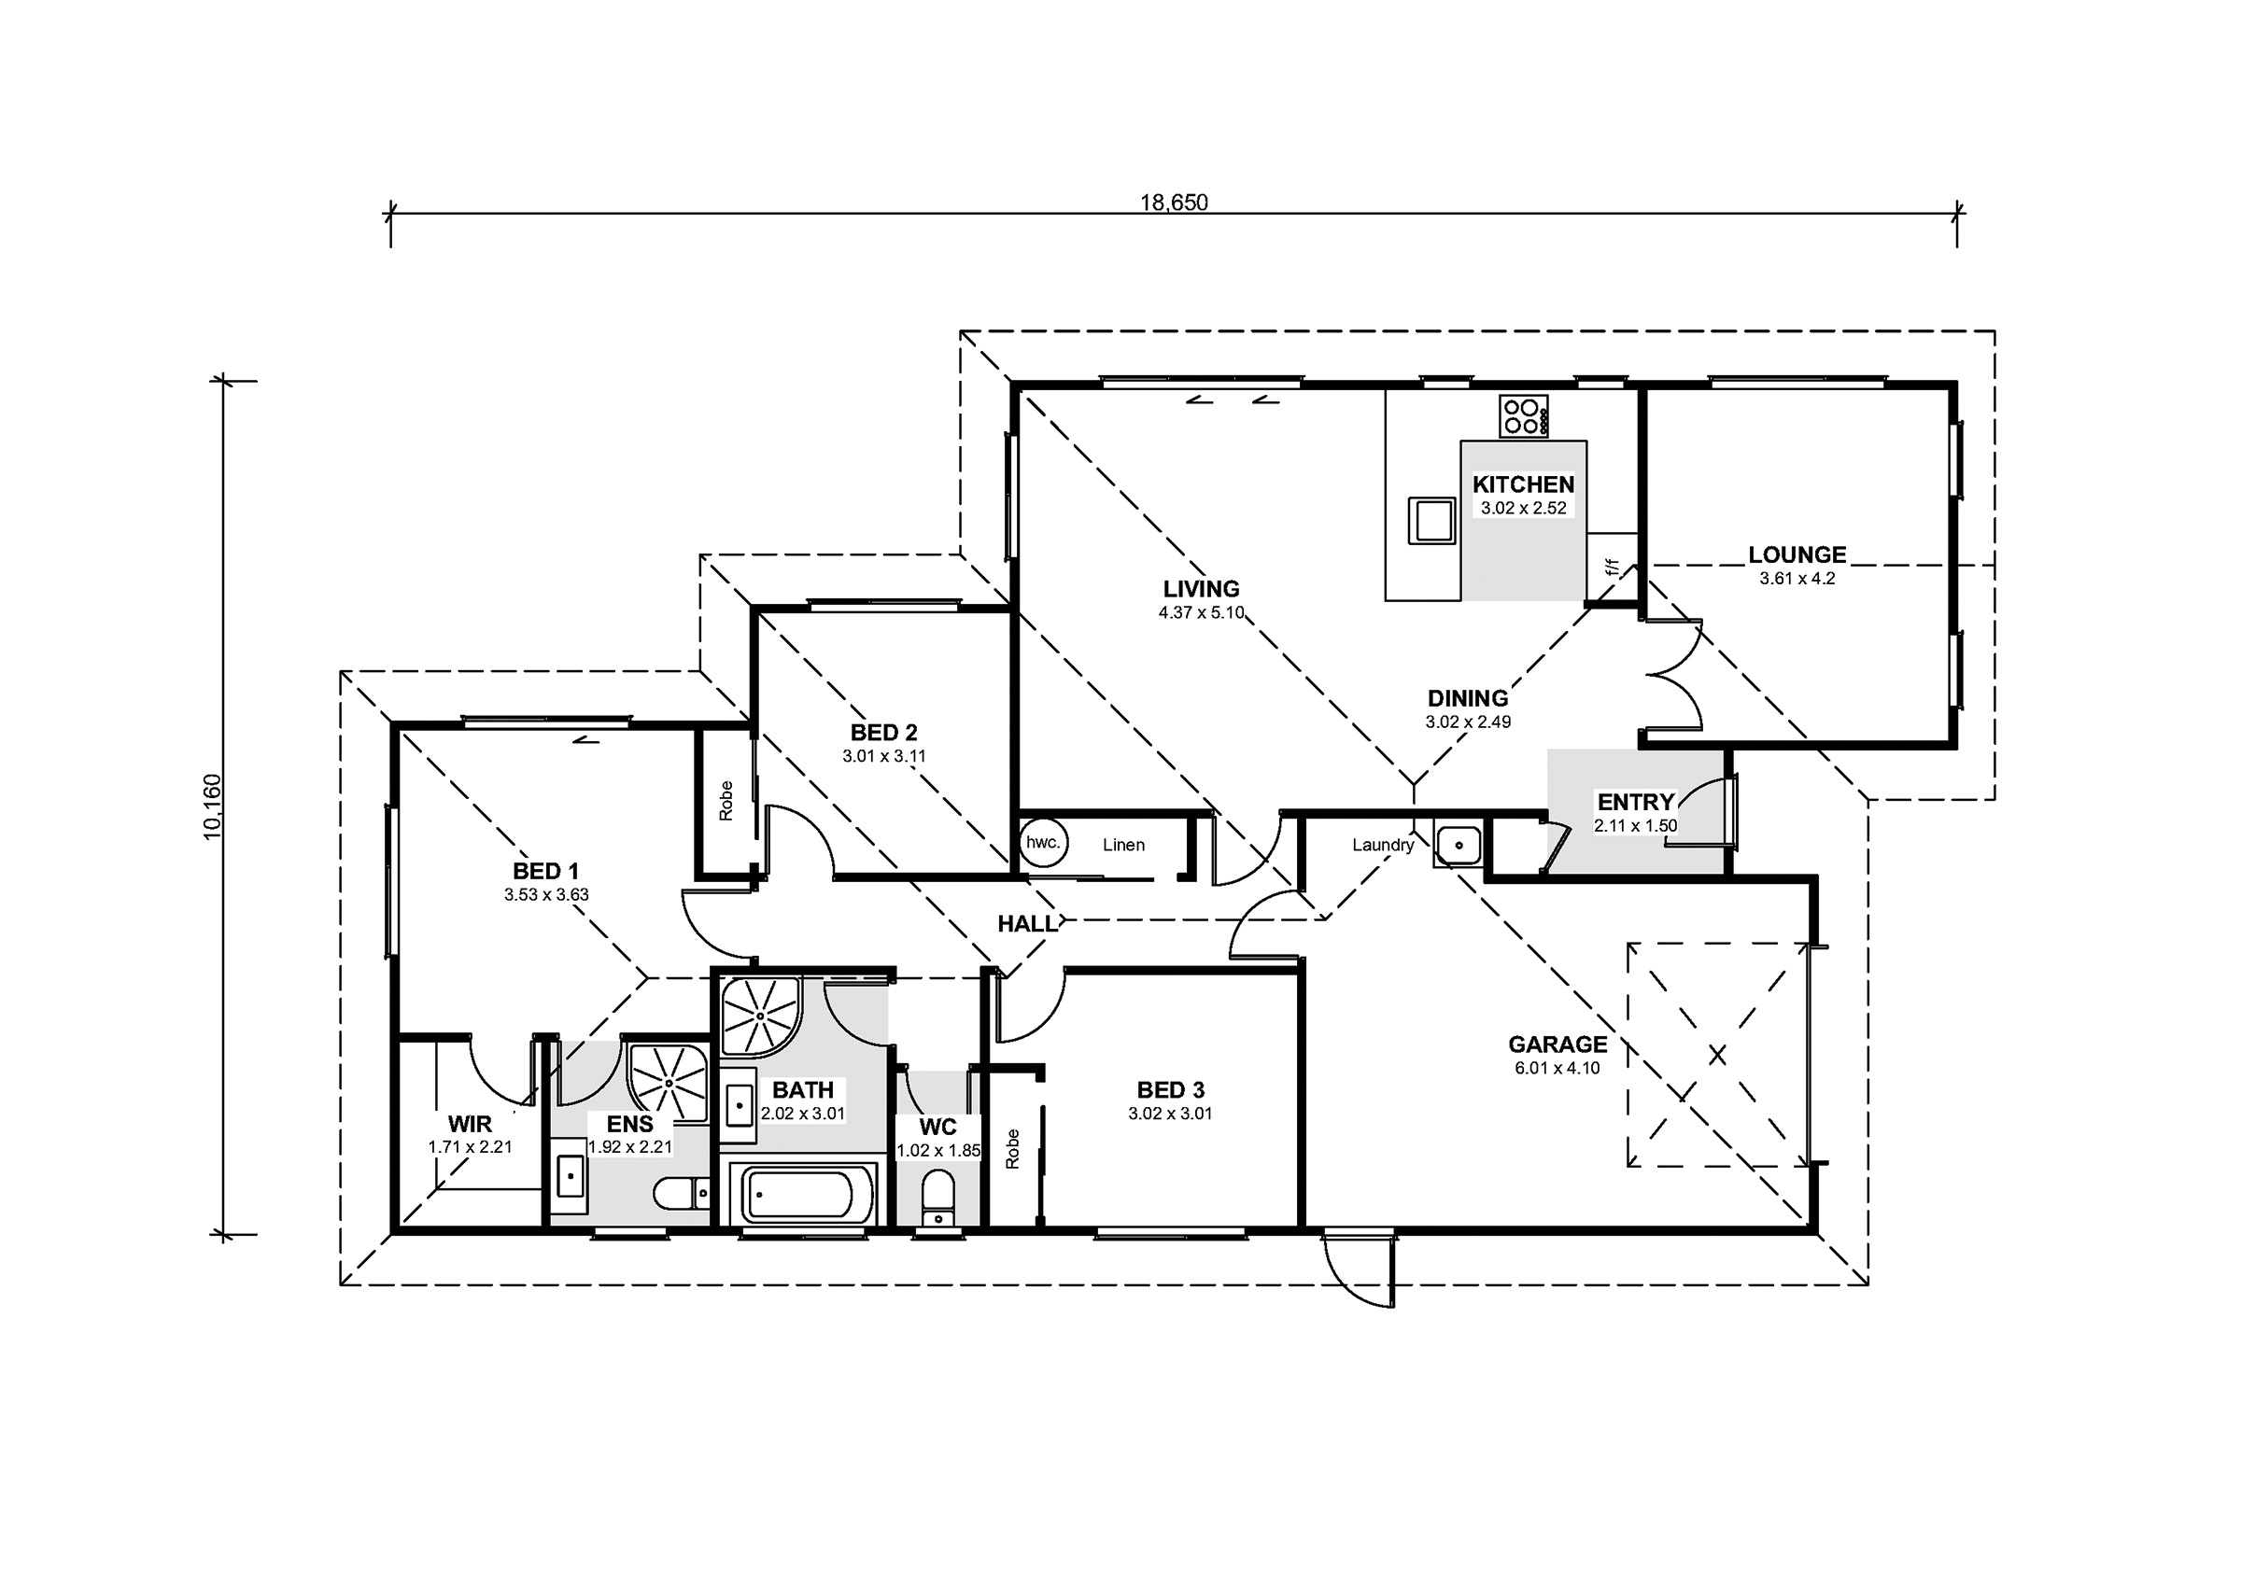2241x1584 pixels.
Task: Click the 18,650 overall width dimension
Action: click(1174, 202)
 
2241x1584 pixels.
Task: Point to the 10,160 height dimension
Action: click(212, 806)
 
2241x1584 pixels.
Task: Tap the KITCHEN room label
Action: click(1523, 484)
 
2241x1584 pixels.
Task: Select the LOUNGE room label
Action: click(1797, 554)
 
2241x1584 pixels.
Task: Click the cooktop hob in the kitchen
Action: click(1525, 415)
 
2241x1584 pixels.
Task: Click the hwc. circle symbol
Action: click(1043, 843)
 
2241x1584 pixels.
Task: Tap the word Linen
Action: click(1123, 845)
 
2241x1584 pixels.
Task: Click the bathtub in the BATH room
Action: click(797, 1194)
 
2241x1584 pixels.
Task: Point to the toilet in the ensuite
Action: click(681, 1193)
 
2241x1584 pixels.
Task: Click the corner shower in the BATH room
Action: click(761, 1017)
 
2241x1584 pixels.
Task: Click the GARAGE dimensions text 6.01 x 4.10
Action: click(1557, 1068)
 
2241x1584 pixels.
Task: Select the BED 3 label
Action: click(1170, 1089)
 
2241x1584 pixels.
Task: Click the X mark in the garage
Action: click(1717, 1055)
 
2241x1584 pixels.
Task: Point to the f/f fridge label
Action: click(1612, 567)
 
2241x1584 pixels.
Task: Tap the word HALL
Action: click(1027, 923)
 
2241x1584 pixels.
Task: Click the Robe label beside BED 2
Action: click(726, 800)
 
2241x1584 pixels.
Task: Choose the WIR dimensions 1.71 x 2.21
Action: click(470, 1148)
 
